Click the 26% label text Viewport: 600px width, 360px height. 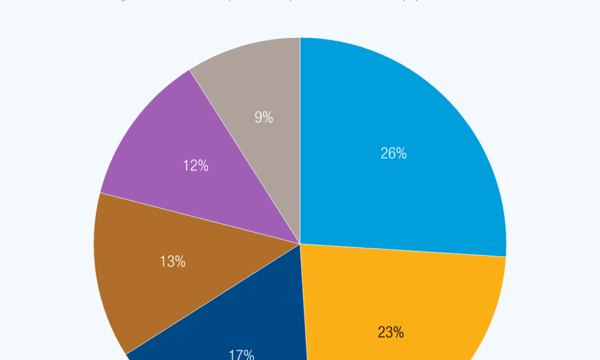coord(394,154)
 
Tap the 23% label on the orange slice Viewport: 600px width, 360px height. coord(391,332)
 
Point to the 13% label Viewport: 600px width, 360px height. coord(173,262)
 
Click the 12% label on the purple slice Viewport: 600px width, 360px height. coord(196,166)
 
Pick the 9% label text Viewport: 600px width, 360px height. coord(263,118)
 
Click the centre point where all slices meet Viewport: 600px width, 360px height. coord(300,244)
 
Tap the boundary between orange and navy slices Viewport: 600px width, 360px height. coord(304,312)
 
